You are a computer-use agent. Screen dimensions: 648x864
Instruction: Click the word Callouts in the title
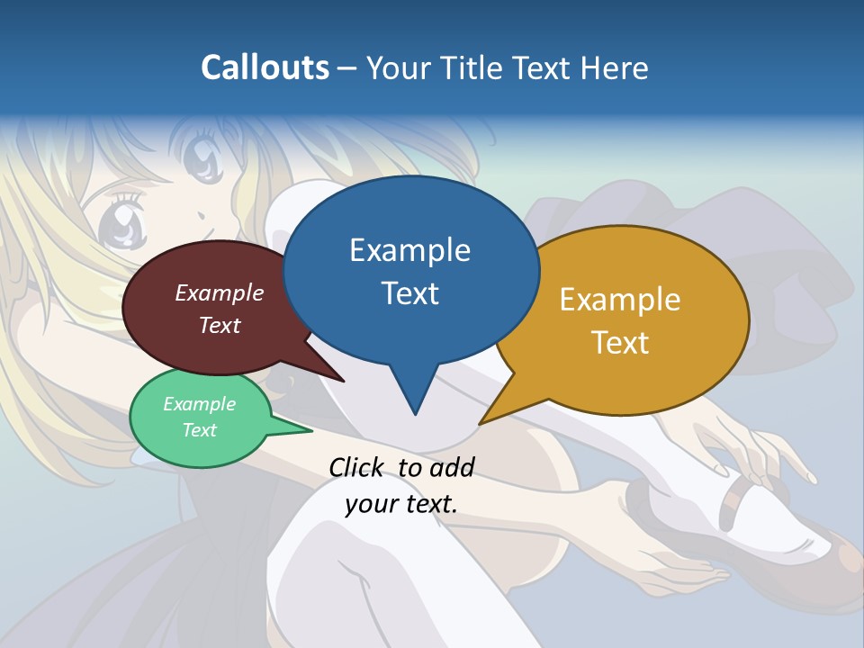click(x=265, y=67)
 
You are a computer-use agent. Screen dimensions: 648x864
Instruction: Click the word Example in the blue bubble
click(x=409, y=250)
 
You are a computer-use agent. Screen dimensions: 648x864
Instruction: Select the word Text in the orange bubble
click(x=620, y=343)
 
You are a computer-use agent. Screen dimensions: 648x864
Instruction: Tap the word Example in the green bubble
click(x=199, y=404)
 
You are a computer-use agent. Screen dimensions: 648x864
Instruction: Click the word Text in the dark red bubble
click(x=220, y=325)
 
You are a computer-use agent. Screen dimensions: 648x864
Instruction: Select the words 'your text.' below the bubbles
click(x=401, y=504)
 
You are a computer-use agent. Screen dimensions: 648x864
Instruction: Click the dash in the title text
click(x=347, y=68)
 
